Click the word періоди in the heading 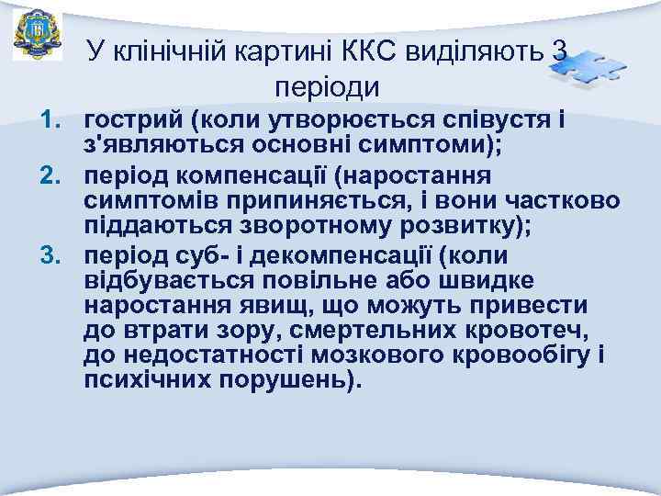pos(327,87)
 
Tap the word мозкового pos(357,355)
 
